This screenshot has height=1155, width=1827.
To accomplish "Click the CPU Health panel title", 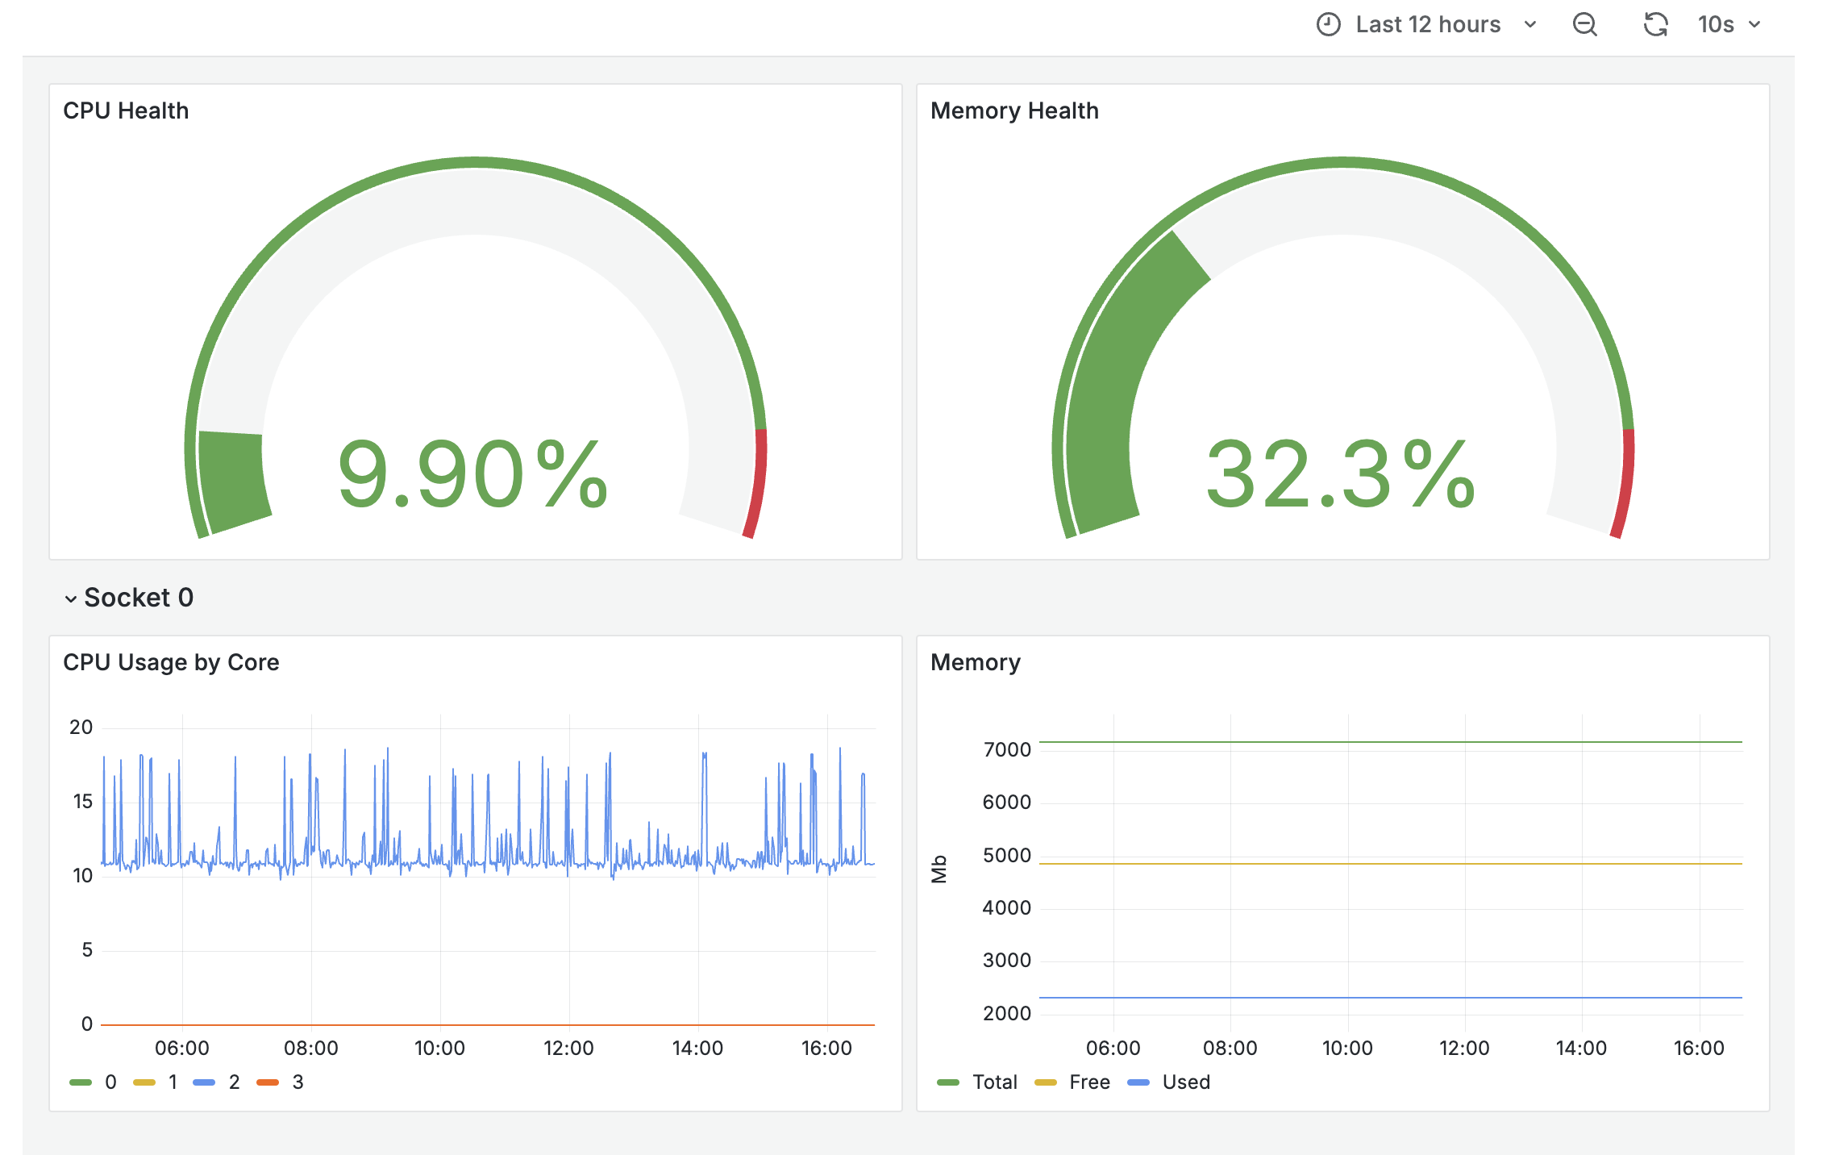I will tap(126, 110).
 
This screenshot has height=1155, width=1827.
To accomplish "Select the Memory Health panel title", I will tap(1014, 110).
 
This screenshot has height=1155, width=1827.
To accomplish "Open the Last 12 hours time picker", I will tap(1427, 25).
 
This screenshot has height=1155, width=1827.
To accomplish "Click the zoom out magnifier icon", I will tap(1584, 25).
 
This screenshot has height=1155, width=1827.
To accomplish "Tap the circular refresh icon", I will tap(1655, 25).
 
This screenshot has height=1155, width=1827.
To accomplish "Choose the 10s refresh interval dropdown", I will tap(1729, 25).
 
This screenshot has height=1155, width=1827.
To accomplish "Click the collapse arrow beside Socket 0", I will tap(71, 598).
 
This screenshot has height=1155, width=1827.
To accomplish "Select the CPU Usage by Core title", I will tap(171, 662).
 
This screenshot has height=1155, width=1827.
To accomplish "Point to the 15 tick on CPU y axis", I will tap(82, 802).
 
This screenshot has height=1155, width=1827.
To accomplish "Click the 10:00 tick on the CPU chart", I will tap(439, 1048).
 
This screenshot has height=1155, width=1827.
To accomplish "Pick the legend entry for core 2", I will tap(218, 1082).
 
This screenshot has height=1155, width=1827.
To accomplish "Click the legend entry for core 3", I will tap(281, 1082).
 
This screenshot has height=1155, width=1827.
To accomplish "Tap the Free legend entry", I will tap(1073, 1082).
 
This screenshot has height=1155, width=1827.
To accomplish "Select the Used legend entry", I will tap(1170, 1082).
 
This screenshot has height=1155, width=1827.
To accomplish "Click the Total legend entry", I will tap(978, 1082).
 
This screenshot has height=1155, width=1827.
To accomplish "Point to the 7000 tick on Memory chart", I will tap(1007, 750).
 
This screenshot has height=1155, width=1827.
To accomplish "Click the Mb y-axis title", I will tap(939, 869).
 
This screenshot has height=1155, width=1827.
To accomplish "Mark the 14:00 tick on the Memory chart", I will tap(1581, 1048).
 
